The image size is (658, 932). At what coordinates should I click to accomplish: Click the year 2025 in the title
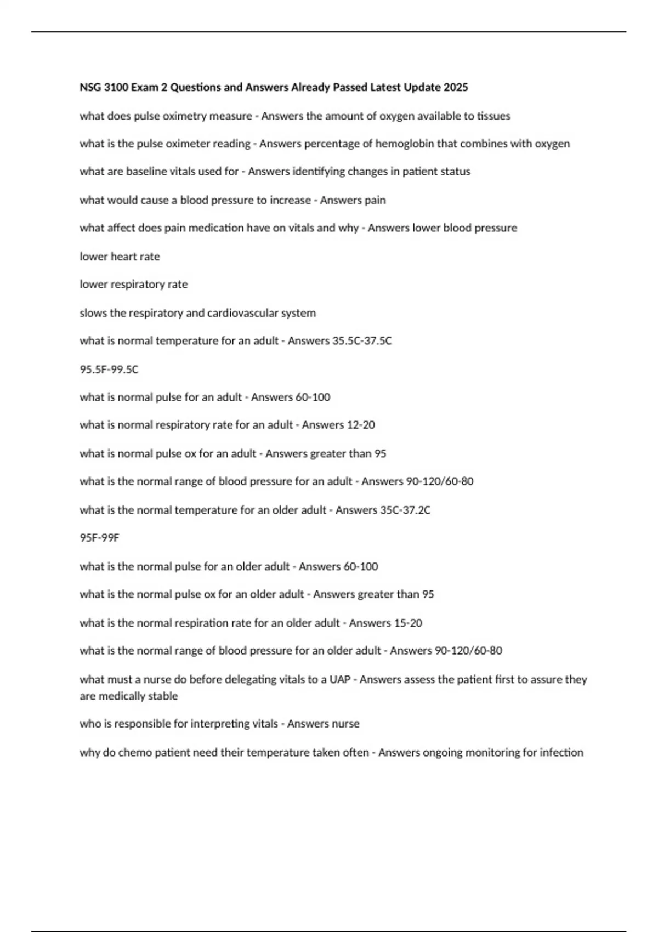[x=456, y=87]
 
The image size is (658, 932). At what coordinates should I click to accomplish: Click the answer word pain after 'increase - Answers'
[x=375, y=200]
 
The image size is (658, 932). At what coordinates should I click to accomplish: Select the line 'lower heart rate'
[x=120, y=257]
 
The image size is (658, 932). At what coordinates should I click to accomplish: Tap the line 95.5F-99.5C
[x=109, y=370]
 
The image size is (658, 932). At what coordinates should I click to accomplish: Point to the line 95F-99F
[x=99, y=538]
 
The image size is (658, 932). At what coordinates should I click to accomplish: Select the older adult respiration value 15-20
[x=409, y=623]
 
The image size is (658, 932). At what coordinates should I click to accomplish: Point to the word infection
[x=562, y=752]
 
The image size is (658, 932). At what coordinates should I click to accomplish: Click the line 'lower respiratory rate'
[x=134, y=285]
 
